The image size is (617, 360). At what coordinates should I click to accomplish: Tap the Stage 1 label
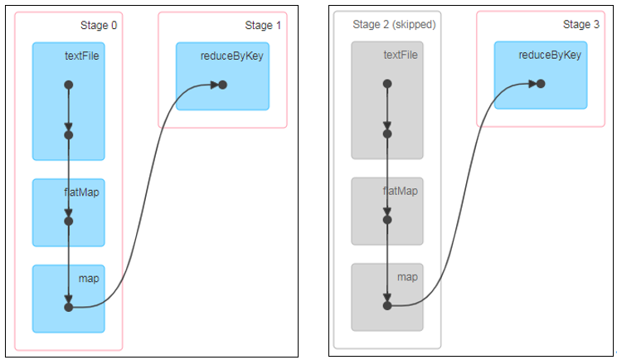(263, 26)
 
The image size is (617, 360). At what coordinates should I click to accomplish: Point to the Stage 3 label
(581, 24)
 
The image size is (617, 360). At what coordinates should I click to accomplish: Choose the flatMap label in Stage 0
(81, 192)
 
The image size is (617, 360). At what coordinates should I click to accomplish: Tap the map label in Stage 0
(89, 278)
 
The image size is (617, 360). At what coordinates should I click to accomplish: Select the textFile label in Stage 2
(401, 56)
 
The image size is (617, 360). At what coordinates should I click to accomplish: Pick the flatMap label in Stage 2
(400, 191)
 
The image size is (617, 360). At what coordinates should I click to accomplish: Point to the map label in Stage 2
(407, 276)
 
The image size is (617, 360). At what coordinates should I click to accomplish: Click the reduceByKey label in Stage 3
(550, 56)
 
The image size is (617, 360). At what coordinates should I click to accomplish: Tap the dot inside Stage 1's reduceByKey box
(222, 85)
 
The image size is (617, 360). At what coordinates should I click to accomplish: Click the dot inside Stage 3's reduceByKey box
(541, 83)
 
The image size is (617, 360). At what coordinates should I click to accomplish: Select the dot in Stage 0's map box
(69, 307)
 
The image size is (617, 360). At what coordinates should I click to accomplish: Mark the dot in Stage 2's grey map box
(387, 305)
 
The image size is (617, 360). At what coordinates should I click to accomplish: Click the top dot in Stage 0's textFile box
(69, 85)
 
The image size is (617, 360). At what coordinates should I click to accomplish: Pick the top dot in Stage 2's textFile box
(387, 83)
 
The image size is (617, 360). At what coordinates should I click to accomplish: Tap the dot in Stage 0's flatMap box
(69, 221)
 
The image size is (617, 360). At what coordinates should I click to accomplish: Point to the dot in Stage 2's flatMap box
(387, 220)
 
